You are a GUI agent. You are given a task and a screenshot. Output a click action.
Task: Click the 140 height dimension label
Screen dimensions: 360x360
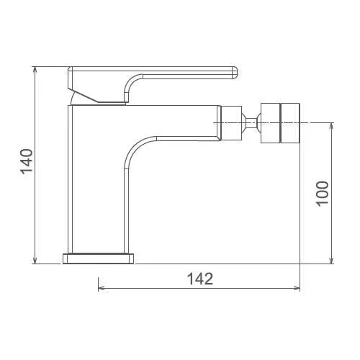click(26, 161)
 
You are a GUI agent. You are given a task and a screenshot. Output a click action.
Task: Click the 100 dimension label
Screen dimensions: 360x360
click(322, 194)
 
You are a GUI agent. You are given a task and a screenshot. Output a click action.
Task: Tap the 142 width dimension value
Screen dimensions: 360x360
click(200, 279)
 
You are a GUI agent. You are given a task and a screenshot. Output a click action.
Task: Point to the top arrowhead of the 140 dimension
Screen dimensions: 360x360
click(35, 71)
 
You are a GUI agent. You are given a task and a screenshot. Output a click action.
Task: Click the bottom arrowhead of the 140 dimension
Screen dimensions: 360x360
click(35, 260)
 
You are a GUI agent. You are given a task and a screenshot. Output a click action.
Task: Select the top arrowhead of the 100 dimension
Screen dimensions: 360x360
click(332, 127)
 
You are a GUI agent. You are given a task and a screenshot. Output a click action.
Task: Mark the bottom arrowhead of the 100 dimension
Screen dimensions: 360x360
click(332, 260)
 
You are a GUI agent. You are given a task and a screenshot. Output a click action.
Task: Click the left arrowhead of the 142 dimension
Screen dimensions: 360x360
click(102, 288)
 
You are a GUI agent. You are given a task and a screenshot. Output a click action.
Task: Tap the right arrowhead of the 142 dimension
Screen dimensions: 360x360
click(296, 288)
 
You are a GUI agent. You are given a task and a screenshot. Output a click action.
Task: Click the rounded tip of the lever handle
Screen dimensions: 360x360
click(235, 73)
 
